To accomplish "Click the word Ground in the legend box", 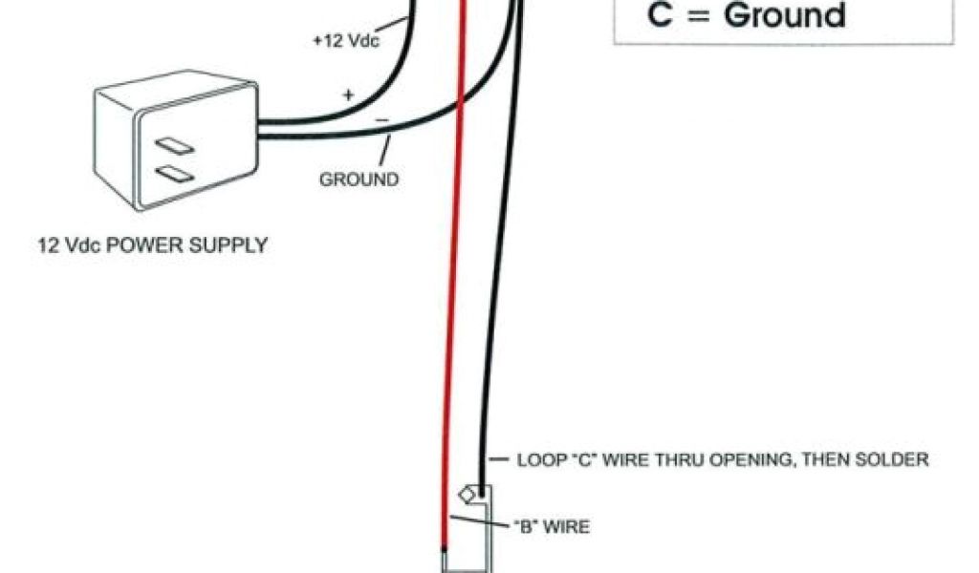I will (x=784, y=15).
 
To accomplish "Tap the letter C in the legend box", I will (x=660, y=15).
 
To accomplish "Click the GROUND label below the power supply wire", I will (x=359, y=179).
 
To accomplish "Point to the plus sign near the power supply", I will (x=348, y=95).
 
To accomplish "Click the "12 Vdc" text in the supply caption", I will (x=61, y=245).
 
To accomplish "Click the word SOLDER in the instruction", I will (x=896, y=459).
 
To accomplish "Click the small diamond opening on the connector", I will (x=468, y=495).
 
